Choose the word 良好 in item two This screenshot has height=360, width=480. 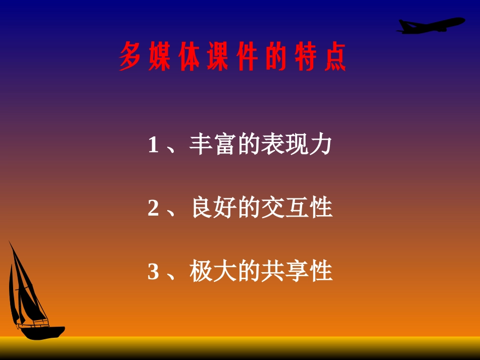click(x=213, y=209)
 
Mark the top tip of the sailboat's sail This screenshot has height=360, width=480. click(x=9, y=242)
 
